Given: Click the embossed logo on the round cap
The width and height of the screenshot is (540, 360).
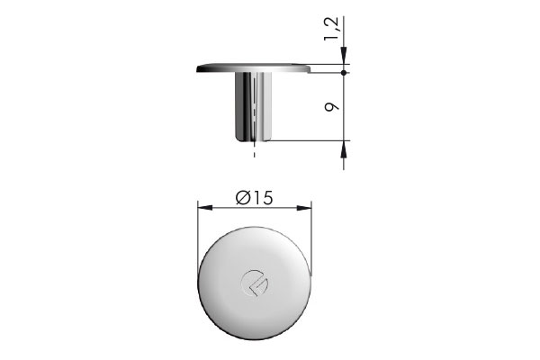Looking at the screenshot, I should [253, 283].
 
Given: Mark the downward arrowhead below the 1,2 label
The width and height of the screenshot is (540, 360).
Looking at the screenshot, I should [345, 62].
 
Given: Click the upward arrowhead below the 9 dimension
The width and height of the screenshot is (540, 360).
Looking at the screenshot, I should [345, 149].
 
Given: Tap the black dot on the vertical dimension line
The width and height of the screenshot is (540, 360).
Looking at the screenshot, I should [345, 72].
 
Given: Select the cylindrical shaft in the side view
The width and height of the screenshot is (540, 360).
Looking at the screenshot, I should [254, 106].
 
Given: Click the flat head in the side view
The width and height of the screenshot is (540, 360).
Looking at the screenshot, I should [252, 67].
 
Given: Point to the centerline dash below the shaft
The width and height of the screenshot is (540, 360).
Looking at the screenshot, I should [255, 154].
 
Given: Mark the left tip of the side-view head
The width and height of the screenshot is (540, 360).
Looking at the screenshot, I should [197, 67].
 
